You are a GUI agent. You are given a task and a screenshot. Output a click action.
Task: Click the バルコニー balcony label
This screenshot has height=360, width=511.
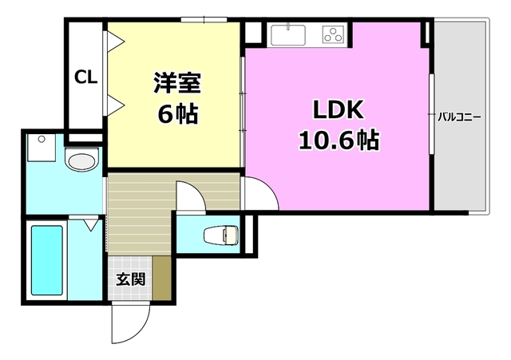(x=458, y=117)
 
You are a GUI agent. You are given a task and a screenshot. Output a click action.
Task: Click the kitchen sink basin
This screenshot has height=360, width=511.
(x=287, y=35)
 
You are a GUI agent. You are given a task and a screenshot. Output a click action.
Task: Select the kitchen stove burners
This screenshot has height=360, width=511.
(x=333, y=34)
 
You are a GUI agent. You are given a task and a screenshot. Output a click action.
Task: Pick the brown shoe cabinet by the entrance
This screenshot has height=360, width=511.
(x=162, y=278)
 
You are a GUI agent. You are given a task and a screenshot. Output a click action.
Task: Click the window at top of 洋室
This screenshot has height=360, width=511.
(x=203, y=19)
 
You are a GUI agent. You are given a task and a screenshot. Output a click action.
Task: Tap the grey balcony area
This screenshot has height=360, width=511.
(x=459, y=160)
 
